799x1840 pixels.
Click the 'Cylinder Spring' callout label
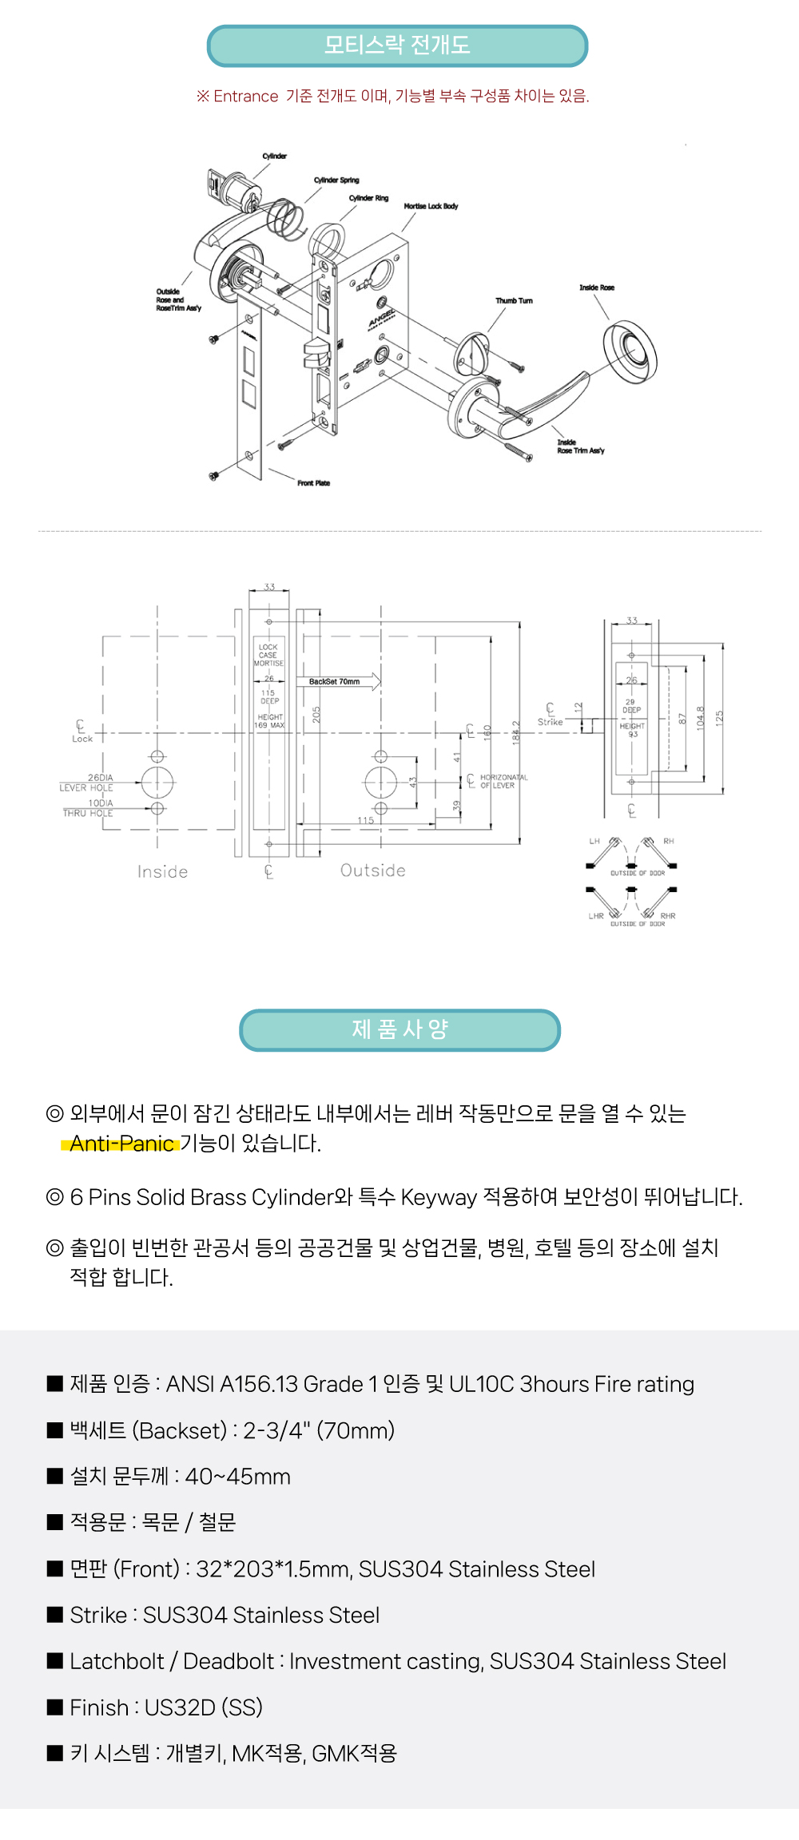[x=336, y=180]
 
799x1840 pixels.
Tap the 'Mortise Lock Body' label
[x=431, y=206]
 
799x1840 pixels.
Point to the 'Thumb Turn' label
[x=514, y=301]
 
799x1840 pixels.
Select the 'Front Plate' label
[x=313, y=483]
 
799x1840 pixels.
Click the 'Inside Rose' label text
[x=597, y=287]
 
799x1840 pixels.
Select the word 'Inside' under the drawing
[x=162, y=872]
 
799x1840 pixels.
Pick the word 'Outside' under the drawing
[x=373, y=870]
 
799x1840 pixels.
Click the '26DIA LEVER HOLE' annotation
[x=87, y=783]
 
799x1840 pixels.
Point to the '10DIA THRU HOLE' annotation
[x=89, y=808]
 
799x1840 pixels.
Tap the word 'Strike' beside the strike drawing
[x=550, y=722]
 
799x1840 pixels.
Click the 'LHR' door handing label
[x=596, y=916]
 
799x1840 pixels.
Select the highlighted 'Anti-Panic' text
[x=121, y=1144]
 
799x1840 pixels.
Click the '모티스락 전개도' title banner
[x=397, y=46]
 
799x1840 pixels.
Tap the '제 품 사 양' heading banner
[x=399, y=1029]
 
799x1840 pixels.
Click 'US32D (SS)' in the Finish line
[x=204, y=1707]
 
